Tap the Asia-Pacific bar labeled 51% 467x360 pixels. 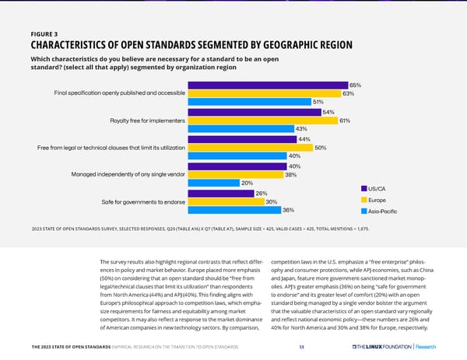click(249, 102)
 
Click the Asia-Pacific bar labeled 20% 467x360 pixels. click(213, 183)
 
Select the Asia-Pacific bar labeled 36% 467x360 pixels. click(233, 210)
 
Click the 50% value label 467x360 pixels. click(320, 148)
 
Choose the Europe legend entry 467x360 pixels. click(377, 200)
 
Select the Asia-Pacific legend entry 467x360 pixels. click(381, 211)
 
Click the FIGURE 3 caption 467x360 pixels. click(44, 34)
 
